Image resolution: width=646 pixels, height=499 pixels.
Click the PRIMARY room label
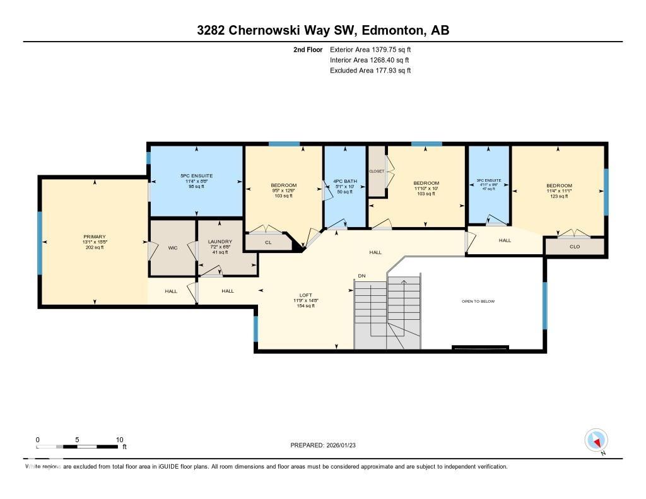95,237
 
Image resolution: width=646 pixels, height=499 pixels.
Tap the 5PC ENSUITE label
196,175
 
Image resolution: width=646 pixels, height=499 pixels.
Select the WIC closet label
173,248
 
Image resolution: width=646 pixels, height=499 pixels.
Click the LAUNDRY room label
220,242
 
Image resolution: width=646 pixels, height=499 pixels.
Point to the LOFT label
305,295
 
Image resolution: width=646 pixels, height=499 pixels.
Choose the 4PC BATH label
345,182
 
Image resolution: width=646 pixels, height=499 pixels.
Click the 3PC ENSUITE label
488,181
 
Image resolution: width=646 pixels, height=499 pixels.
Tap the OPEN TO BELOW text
478,302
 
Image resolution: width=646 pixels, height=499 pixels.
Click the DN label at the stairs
361,276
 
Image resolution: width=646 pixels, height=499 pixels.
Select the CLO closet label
575,247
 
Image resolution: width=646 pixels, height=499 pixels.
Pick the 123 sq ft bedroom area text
559,197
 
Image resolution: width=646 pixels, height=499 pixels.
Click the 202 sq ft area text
95,247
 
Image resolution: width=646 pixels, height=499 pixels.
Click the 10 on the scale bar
120,440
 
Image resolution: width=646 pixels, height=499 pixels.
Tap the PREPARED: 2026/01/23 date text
327,445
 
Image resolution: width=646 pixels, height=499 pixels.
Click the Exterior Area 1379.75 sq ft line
370,49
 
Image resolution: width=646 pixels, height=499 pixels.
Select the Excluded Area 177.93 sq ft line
370,71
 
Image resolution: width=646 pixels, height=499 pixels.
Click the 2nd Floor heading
308,49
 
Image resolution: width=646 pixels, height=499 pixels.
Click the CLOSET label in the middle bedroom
377,171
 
